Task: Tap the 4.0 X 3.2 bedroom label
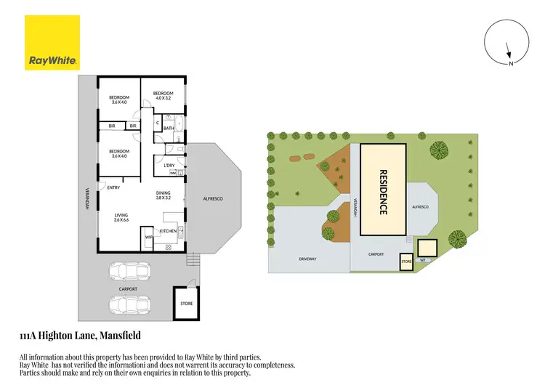click(163, 96)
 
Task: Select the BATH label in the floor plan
click(168, 129)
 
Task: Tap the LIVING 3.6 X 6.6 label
click(122, 218)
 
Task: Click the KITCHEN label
click(168, 231)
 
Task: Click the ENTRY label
click(113, 188)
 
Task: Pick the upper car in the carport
click(129, 271)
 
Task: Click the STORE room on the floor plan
click(186, 303)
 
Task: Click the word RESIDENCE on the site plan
click(383, 191)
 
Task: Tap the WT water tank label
click(422, 259)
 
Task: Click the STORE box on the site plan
click(406, 261)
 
